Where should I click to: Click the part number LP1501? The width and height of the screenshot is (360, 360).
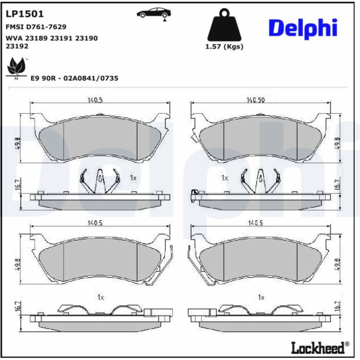tap(25, 14)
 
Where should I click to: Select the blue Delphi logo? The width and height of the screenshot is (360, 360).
tap(303, 29)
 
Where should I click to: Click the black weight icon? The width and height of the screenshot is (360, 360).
tap(224, 25)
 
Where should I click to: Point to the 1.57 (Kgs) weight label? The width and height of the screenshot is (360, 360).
tap(224, 47)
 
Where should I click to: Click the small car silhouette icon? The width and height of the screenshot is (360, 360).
tap(154, 13)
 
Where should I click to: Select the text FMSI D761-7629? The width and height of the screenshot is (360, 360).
tap(36, 27)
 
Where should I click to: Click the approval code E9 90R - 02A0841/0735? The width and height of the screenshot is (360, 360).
tap(74, 78)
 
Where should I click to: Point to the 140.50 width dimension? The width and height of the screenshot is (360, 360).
tap(256, 100)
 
